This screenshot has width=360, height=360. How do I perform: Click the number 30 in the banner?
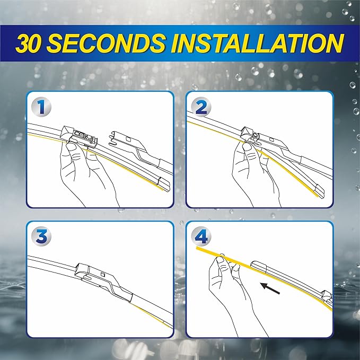(29, 43)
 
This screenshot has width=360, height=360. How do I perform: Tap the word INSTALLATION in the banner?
(257, 43)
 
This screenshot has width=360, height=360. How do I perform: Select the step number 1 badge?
(41, 107)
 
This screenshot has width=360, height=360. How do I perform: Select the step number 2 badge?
(201, 107)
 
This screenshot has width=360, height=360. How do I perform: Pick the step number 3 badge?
(41, 236)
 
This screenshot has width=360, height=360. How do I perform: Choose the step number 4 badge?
(201, 236)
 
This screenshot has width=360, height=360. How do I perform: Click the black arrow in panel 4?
(270, 288)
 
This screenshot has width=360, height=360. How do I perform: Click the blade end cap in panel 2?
(319, 190)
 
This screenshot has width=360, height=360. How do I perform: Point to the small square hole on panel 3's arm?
(103, 274)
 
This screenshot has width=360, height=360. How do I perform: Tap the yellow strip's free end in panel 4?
(197, 249)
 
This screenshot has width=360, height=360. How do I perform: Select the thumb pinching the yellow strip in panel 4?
(221, 259)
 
